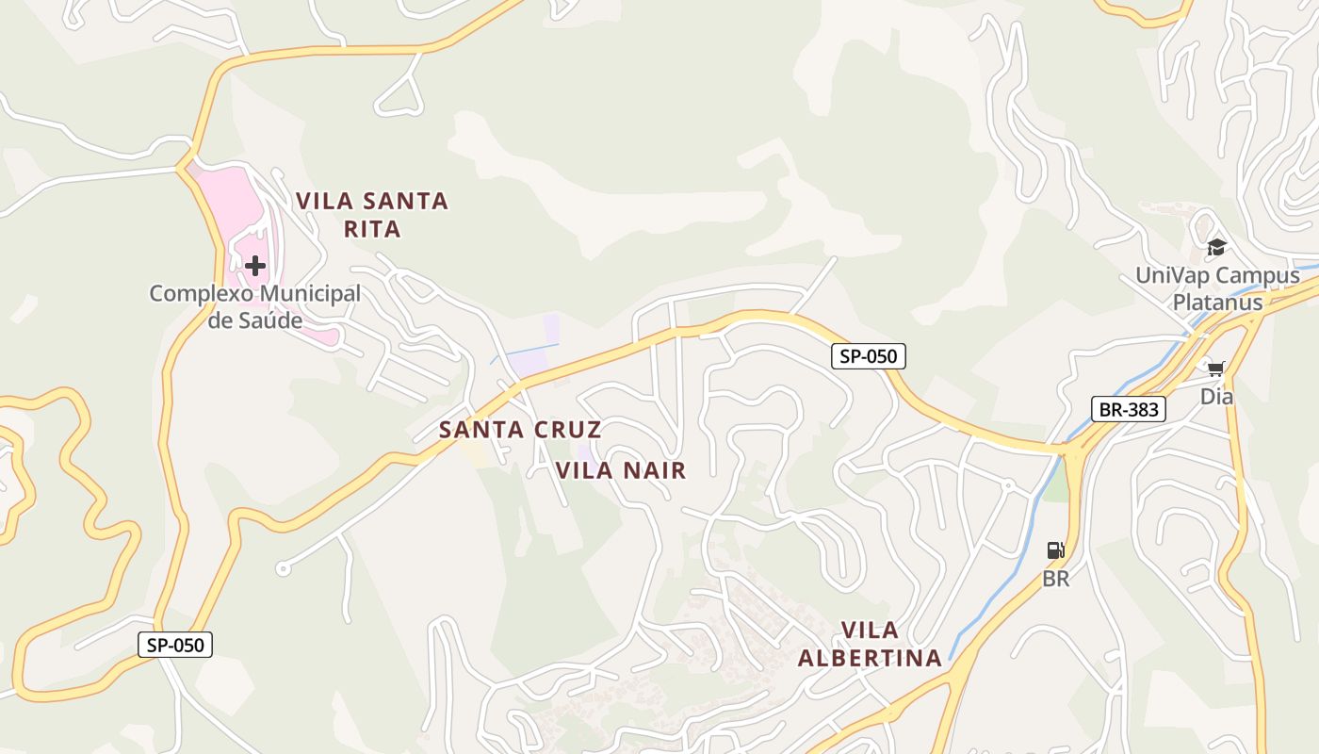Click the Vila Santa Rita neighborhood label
pyautogui.click(x=372, y=215)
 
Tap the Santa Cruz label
pyautogui.click(x=520, y=430)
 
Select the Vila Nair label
pyautogui.click(x=621, y=470)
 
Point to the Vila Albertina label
pyautogui.click(x=870, y=645)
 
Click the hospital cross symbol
pyautogui.click(x=254, y=266)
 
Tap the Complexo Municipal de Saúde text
pyautogui.click(x=254, y=306)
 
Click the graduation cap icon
pyautogui.click(x=1216, y=248)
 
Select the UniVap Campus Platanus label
pyautogui.click(x=1217, y=288)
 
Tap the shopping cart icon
pyautogui.click(x=1216, y=369)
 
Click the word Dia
pyautogui.click(x=1216, y=397)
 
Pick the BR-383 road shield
pyautogui.click(x=1129, y=409)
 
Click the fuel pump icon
pyautogui.click(x=1056, y=550)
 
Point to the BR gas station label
pyautogui.click(x=1056, y=579)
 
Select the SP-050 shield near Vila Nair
pyautogui.click(x=869, y=356)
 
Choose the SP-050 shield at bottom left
pyautogui.click(x=175, y=646)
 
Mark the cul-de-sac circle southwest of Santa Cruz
pyautogui.click(x=282, y=568)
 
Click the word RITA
pyautogui.click(x=372, y=229)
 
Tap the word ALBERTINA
pyautogui.click(x=870, y=658)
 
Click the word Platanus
pyautogui.click(x=1217, y=303)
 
